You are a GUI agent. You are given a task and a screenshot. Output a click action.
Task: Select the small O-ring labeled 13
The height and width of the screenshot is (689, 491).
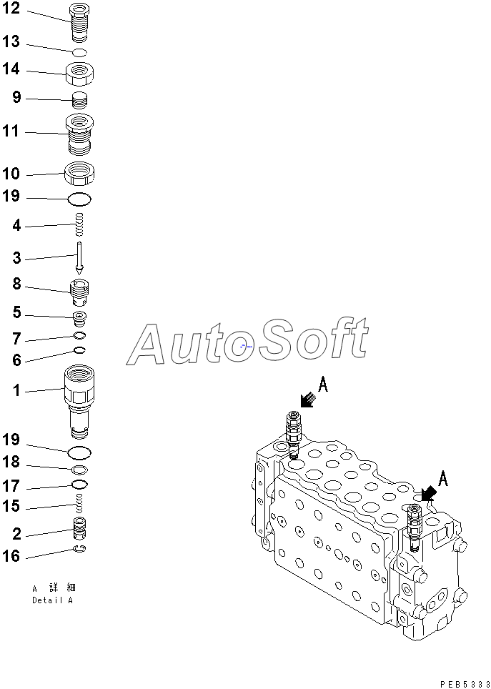(80, 52)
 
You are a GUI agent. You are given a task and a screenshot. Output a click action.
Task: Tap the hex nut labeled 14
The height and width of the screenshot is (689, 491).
(80, 72)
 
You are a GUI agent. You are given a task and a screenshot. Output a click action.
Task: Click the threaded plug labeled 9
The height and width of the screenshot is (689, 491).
(80, 100)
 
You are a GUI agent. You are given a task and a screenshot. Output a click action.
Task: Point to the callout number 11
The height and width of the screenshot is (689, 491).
(12, 132)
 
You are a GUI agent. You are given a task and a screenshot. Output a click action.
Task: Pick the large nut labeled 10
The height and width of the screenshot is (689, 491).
(80, 173)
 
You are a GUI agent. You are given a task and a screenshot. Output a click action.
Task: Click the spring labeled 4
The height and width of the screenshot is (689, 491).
(80, 225)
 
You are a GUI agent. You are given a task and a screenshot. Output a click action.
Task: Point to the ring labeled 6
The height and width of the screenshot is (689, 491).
(80, 350)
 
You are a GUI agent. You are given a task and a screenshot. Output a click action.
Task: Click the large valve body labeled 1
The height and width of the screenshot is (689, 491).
(79, 400)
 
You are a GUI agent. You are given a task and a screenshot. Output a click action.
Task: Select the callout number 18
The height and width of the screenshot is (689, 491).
(12, 462)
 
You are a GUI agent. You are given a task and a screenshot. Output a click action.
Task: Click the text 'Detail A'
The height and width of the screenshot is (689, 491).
(52, 600)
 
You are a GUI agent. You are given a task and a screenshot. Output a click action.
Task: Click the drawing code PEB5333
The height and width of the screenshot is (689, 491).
(465, 684)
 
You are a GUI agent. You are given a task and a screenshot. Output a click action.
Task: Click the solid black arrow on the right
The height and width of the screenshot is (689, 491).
(427, 493)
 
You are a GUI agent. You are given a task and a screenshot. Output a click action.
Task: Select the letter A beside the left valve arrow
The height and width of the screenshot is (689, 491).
(323, 386)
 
